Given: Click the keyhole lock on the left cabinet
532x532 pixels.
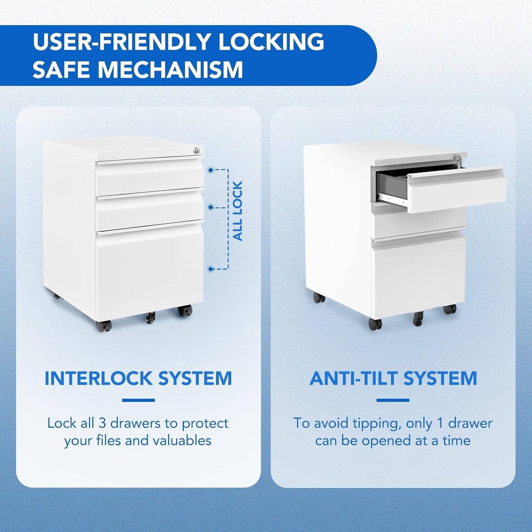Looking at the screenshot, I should (197, 150).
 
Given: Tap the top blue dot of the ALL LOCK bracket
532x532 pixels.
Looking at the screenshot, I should (211, 170).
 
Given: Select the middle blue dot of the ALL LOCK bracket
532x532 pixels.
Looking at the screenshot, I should (211, 207).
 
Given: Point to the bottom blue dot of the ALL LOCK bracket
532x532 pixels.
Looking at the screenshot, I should (211, 269).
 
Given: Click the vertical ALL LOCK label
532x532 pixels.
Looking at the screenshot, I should (238, 211).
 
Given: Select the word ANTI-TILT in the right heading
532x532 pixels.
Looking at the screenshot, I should (353, 378).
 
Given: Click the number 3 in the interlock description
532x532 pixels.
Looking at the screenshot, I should (102, 423).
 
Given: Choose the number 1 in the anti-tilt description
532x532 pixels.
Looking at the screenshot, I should (440, 423).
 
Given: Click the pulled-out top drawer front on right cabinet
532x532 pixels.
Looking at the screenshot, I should (457, 190).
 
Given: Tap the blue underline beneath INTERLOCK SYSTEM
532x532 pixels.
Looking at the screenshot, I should (138, 400).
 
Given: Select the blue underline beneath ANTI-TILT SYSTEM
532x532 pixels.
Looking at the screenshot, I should (393, 400).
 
